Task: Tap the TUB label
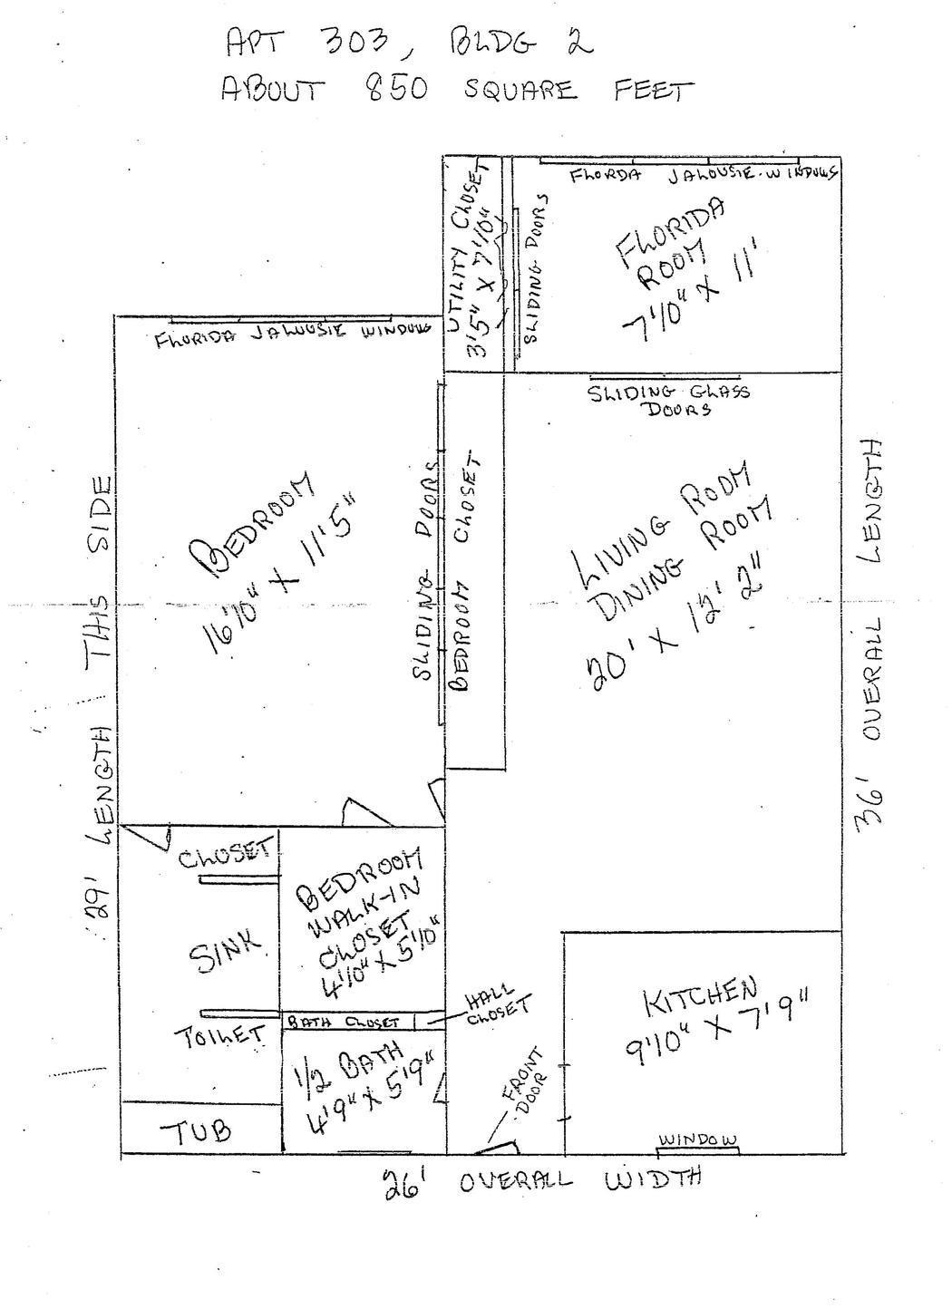click(x=196, y=1131)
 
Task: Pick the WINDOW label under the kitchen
click(x=697, y=1139)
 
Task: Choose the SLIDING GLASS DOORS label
click(x=669, y=400)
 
